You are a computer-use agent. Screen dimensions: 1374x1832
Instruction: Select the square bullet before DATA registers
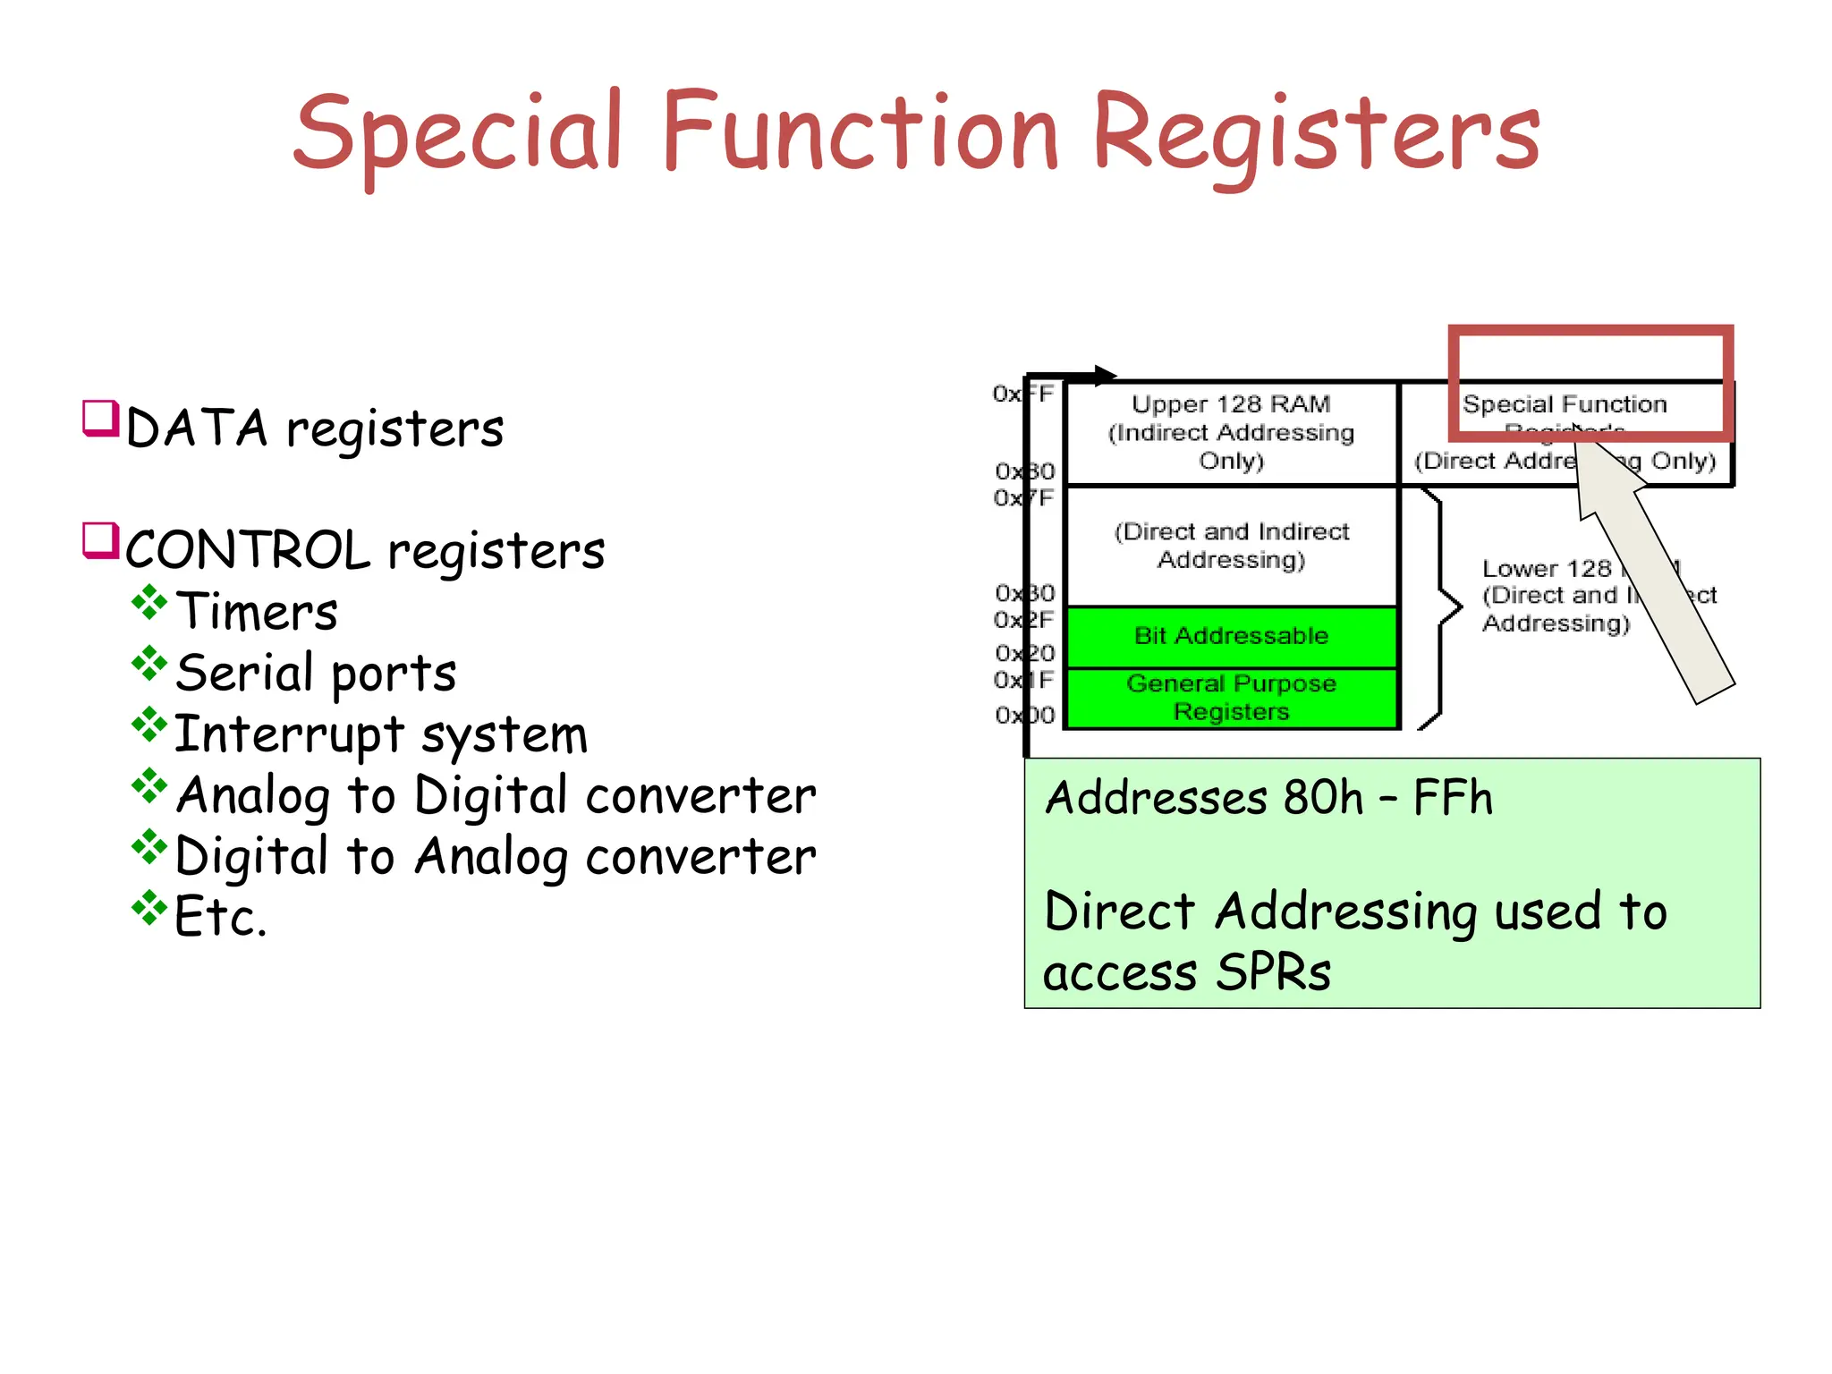(100, 418)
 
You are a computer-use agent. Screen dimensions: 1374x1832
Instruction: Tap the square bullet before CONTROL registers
(100, 540)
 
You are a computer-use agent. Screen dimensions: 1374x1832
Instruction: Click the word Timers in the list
(257, 612)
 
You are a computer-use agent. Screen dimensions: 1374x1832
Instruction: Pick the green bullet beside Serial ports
(148, 664)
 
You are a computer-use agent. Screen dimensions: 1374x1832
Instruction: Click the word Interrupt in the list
(288, 734)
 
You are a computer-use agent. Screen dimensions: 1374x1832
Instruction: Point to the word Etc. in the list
(220, 917)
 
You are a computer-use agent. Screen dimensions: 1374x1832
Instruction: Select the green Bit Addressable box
(1231, 636)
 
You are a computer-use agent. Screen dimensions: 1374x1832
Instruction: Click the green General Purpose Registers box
(1231, 698)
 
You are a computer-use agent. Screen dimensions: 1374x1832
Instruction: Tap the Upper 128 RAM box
(1231, 433)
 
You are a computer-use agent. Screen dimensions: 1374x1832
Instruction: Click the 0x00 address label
(1024, 716)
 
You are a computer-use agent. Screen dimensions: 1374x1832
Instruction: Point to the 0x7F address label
(1024, 498)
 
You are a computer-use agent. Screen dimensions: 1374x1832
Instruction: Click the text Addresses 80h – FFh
(1268, 798)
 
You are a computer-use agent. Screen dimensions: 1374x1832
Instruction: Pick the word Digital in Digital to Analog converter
(250, 857)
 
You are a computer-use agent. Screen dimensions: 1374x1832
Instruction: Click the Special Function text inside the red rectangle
(1564, 404)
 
